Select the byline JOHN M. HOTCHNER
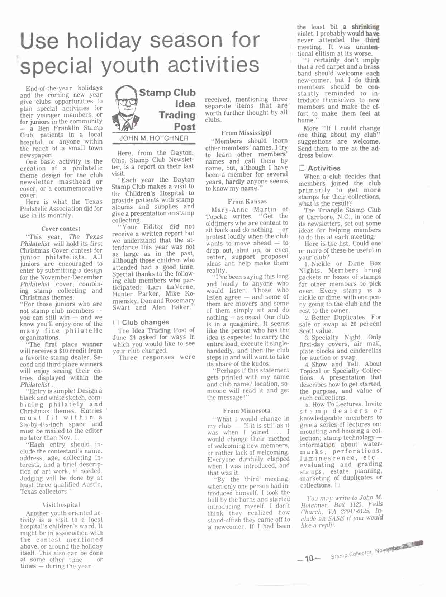pyautogui.click(x=154, y=138)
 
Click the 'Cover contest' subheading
pyautogui.click(x=61, y=229)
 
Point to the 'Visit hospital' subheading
pyautogui.click(x=61, y=505)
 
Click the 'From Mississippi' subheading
pyautogui.click(x=246, y=133)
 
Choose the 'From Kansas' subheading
pyautogui.click(x=247, y=202)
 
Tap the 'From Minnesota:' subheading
pyautogui.click(x=248, y=411)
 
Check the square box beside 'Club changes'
pyautogui.click(x=116, y=323)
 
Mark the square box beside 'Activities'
pyautogui.click(x=302, y=168)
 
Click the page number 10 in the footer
pyautogui.click(x=309, y=559)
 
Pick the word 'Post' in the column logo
pyautogui.click(x=185, y=127)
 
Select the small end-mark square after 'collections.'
pyautogui.click(x=337, y=485)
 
